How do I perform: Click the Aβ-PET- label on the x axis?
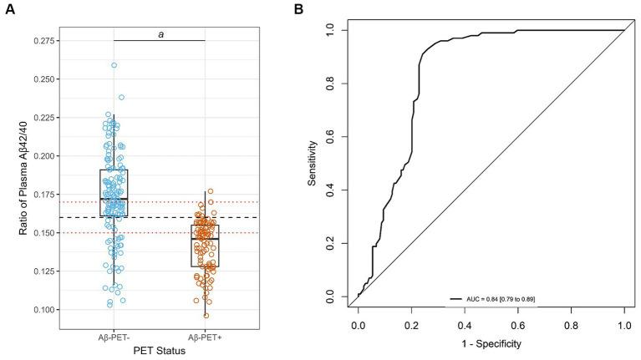pyautogui.click(x=114, y=336)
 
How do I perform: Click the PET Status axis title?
pyautogui.click(x=159, y=350)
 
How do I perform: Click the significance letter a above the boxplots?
pyautogui.click(x=159, y=33)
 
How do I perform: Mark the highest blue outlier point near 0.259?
pyautogui.click(x=114, y=65)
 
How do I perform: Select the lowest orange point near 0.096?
pyautogui.click(x=206, y=315)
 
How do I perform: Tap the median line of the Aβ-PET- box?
pyautogui.click(x=114, y=199)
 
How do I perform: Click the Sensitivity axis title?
pyautogui.click(x=312, y=164)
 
